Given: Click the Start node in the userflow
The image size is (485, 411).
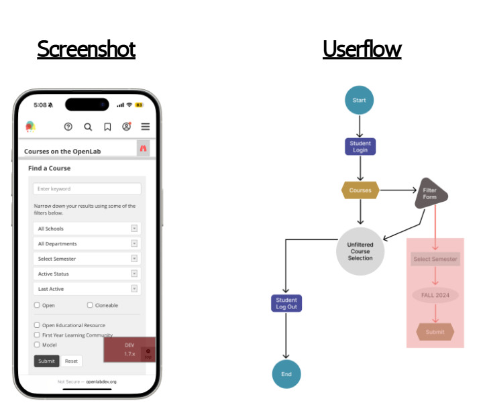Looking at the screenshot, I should pyautogui.click(x=359, y=101).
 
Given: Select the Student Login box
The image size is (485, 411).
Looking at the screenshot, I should pyautogui.click(x=360, y=147).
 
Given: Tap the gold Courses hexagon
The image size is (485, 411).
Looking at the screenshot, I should pyautogui.click(x=360, y=190).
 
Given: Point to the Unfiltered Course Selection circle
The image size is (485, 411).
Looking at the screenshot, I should pyautogui.click(x=361, y=250).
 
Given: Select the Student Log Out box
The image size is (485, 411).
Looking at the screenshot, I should pyautogui.click(x=286, y=304).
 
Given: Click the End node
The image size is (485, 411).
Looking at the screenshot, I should pyautogui.click(x=286, y=374).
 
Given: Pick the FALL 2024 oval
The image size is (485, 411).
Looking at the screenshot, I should pyautogui.click(x=435, y=295).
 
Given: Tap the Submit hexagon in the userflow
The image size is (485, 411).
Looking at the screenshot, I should pyautogui.click(x=435, y=332).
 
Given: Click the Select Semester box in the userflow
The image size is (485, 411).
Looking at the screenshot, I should pyautogui.click(x=435, y=259).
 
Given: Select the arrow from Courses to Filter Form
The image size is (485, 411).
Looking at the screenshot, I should pyautogui.click(x=398, y=190).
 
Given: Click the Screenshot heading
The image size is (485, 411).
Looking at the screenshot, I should pyautogui.click(x=86, y=49).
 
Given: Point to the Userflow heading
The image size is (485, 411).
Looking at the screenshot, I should pyautogui.click(x=362, y=49).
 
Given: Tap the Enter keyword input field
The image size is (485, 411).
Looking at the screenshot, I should pyautogui.click(x=87, y=189).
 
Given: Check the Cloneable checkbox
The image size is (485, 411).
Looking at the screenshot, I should pyautogui.click(x=90, y=305).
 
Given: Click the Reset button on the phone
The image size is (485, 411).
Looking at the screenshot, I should pyautogui.click(x=71, y=361).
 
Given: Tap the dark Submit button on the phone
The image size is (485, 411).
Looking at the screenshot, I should pyautogui.click(x=47, y=361).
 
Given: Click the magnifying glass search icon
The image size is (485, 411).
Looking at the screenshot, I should pyautogui.click(x=88, y=127).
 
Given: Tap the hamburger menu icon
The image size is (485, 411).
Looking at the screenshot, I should pyautogui.click(x=145, y=127).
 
